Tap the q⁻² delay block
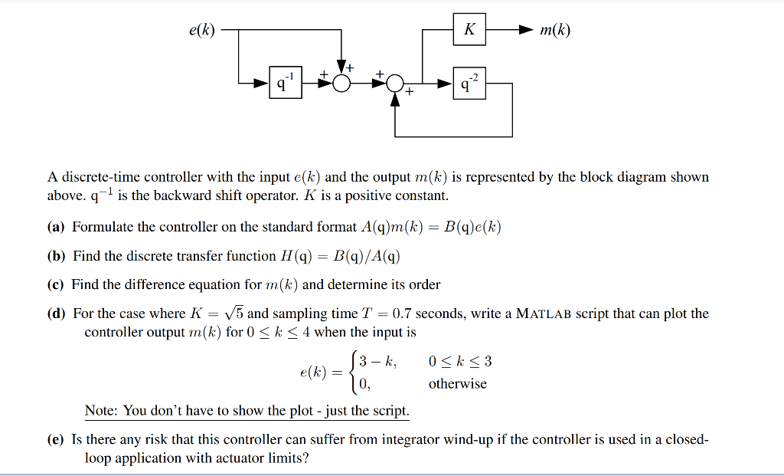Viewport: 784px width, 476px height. (x=469, y=82)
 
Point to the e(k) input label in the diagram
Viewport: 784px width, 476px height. (x=201, y=31)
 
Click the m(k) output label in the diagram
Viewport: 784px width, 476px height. (x=555, y=31)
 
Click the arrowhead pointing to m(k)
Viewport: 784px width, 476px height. (x=524, y=30)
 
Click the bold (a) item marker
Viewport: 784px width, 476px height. (x=57, y=227)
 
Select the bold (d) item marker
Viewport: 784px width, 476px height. (x=57, y=314)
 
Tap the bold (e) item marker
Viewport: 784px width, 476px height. (x=57, y=440)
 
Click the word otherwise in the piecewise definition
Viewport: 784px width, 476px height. (x=457, y=383)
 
